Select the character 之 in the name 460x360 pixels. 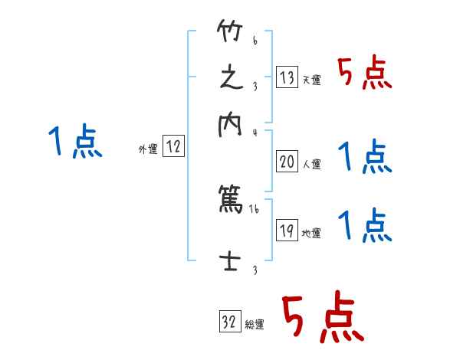(230, 78)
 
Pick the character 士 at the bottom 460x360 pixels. (230, 260)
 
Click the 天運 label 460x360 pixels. (311, 80)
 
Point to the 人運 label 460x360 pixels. (312, 164)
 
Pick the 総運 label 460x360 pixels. (255, 325)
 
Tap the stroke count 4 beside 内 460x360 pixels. (255, 131)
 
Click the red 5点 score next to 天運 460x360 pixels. (365, 74)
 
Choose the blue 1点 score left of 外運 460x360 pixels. (74, 142)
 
